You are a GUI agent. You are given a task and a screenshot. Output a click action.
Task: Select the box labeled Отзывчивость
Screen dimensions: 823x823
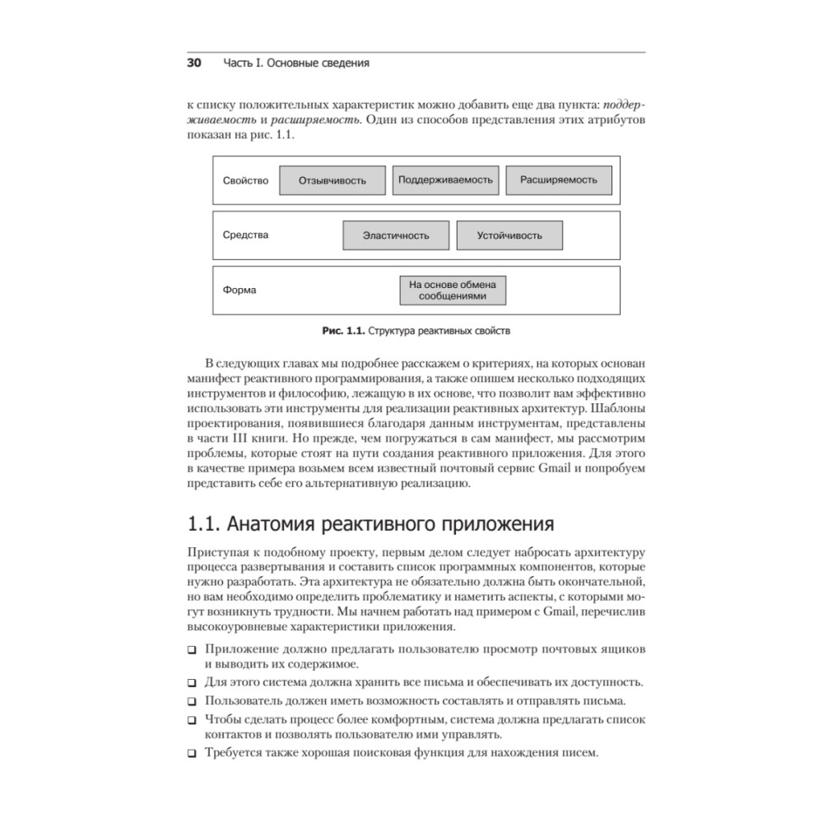[332, 180]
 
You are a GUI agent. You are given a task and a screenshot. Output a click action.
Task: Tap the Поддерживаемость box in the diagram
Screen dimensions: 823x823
[445, 179]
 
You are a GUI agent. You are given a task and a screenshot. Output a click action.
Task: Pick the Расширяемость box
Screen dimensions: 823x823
[558, 179]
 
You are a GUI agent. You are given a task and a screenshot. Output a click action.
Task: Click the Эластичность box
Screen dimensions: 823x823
[396, 235]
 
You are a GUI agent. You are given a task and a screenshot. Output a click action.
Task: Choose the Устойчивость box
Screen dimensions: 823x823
[509, 235]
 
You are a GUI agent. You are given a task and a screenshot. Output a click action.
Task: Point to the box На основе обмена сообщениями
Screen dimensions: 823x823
[453, 290]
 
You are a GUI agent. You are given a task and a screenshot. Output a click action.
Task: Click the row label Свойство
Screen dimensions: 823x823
[245, 180]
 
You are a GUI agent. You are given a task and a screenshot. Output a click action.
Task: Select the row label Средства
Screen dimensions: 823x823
[245, 235]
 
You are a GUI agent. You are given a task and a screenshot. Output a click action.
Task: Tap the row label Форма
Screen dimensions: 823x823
[239, 290]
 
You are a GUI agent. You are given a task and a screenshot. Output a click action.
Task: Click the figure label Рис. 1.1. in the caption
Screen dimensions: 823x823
[342, 332]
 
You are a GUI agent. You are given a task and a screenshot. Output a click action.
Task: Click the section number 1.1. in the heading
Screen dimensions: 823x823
[202, 523]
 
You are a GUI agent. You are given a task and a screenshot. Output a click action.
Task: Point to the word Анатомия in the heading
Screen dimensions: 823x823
[272, 523]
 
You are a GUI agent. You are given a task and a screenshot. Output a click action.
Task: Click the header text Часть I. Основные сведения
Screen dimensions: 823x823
[296, 63]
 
